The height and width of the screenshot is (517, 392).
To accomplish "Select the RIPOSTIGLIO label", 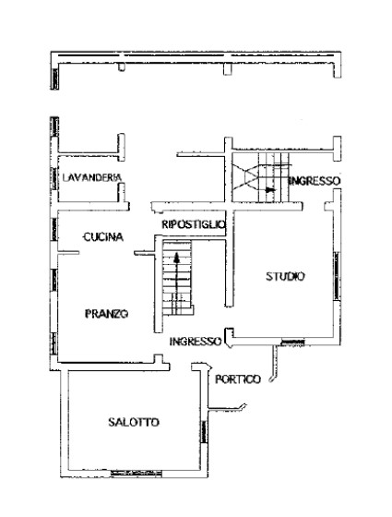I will pyautogui.click(x=192, y=224).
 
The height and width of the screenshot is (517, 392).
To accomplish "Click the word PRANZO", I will pyautogui.click(x=104, y=313).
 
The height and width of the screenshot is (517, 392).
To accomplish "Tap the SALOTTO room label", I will pyautogui.click(x=133, y=422).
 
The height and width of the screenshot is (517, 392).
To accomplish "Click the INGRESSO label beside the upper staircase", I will pyautogui.click(x=315, y=181).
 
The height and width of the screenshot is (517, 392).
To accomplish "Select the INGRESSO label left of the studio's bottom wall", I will pyautogui.click(x=196, y=341).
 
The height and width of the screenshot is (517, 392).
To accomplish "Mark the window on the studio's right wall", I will pyautogui.click(x=335, y=274).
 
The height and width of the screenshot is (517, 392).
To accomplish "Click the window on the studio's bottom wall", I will pyautogui.click(x=292, y=343).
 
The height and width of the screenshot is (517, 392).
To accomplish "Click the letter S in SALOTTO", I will pyautogui.click(x=111, y=422).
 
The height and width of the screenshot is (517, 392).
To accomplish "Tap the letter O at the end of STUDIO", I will pyautogui.click(x=302, y=276).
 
